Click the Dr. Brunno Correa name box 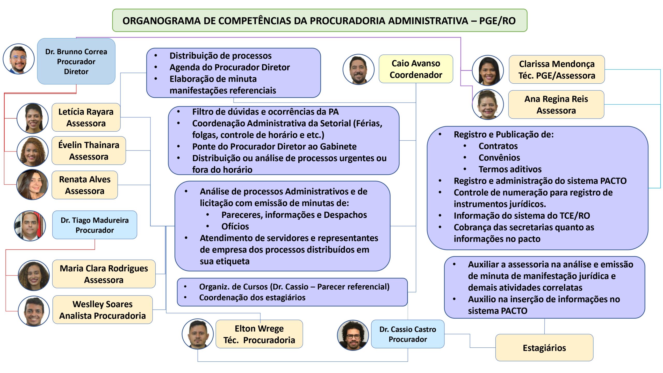[76, 61]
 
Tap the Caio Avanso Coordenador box [416, 69]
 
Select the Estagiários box [544, 348]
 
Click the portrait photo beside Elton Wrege [198, 334]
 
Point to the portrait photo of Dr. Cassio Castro [353, 335]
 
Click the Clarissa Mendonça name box [557, 69]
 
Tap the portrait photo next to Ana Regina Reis [488, 105]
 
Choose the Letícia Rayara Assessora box [86, 117]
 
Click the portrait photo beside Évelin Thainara [33, 152]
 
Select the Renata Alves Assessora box [85, 185]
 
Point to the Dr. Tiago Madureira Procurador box [95, 225]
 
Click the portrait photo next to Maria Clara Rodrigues [34, 275]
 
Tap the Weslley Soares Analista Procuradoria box [103, 310]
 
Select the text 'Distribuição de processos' [220, 56]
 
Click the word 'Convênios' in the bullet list [499, 157]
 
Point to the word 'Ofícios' [235, 226]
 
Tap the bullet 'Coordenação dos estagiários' [252, 297]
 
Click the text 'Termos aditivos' [510, 169]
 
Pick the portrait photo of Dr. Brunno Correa [19, 59]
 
